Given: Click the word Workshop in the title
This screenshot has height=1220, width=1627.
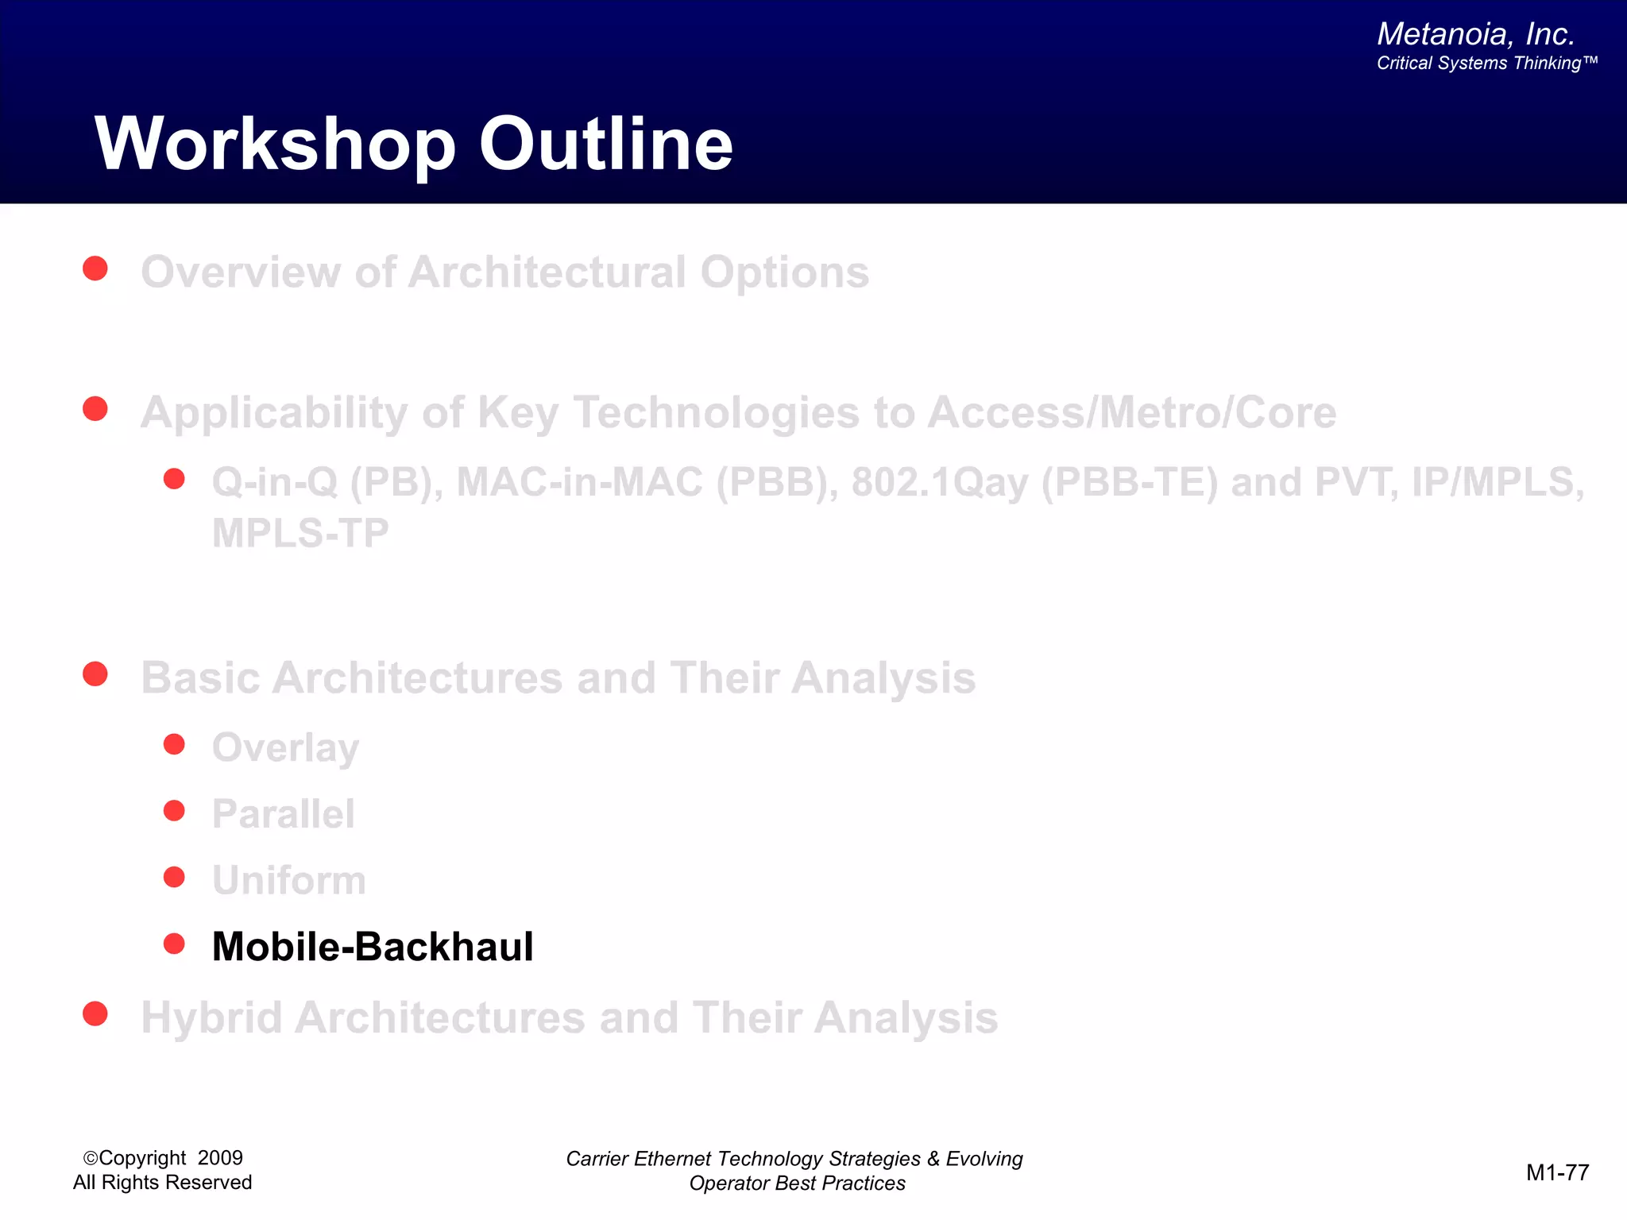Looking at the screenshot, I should (274, 145).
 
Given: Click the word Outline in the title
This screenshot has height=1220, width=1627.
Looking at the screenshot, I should (605, 145).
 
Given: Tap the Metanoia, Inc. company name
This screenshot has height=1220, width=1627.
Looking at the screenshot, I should (1475, 34).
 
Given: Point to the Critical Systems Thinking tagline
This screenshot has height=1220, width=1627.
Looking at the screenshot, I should (1486, 64).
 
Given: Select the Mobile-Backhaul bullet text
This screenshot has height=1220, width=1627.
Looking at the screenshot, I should (373, 947).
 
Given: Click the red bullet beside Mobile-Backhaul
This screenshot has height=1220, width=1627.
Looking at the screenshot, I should (174, 944).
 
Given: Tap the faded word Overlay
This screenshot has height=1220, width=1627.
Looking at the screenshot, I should (285, 748).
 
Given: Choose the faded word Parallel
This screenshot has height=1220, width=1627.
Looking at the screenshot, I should (283, 814).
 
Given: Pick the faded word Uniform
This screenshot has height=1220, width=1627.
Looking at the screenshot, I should (288, 881).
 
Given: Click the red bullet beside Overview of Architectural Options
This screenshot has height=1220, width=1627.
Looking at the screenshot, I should (95, 268).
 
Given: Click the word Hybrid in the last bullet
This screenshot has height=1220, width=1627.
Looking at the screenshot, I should (211, 1018).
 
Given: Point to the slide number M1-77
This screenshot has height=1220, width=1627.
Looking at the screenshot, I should (1557, 1172).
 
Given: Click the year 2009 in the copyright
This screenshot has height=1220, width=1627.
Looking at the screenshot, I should (220, 1158).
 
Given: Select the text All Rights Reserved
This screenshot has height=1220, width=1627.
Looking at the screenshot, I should (162, 1183).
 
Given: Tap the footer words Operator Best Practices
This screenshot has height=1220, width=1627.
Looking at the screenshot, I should (797, 1183).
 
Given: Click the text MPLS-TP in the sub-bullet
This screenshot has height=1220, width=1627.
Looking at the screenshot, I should (300, 533).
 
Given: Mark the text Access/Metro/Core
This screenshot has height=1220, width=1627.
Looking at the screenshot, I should (1131, 413).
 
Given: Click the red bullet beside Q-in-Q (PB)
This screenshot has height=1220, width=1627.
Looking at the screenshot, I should (174, 479).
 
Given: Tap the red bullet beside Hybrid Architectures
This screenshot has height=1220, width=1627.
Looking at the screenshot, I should (95, 1013).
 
